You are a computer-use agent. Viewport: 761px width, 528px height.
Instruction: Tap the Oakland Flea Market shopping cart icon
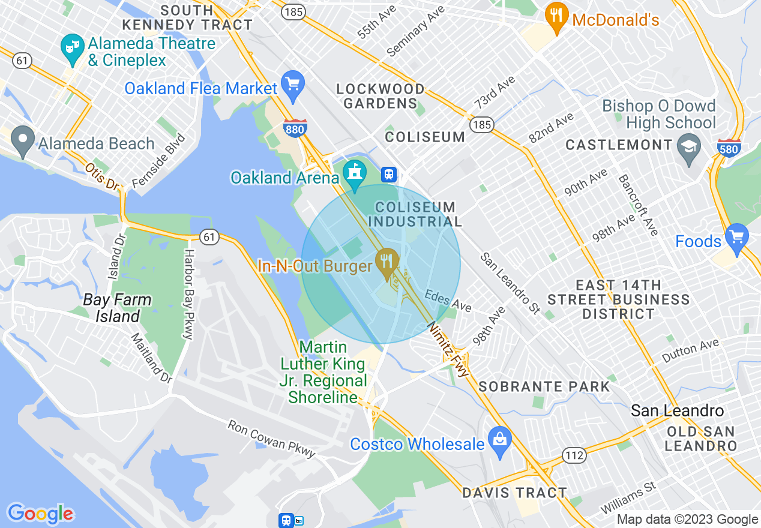click(293, 87)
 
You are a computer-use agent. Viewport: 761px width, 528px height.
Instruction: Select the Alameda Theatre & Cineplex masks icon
click(72, 49)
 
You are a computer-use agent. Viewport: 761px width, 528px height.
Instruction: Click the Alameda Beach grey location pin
click(23, 143)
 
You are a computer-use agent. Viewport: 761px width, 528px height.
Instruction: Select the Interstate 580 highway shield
click(729, 148)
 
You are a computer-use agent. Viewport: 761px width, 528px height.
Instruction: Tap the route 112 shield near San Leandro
click(574, 455)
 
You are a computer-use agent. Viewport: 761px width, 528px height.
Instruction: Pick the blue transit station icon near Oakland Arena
click(390, 174)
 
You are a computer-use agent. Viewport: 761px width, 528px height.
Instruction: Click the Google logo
click(40, 514)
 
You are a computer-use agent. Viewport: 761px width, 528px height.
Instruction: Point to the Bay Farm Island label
click(117, 308)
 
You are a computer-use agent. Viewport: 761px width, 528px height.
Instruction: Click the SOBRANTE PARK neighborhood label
click(544, 386)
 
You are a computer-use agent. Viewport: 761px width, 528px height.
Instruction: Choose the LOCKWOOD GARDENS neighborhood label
click(380, 96)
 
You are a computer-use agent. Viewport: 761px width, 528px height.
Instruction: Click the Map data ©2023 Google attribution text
click(688, 520)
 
